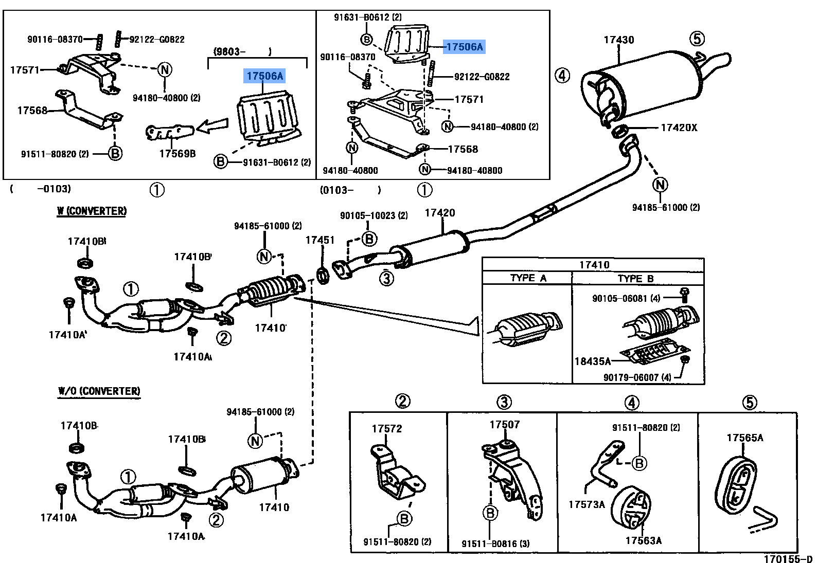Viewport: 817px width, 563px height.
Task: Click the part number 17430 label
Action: coord(618,40)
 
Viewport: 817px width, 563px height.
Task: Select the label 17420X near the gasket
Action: coord(679,128)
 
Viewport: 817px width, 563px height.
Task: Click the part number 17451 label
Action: coord(319,240)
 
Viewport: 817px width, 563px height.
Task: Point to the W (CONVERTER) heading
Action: coord(92,211)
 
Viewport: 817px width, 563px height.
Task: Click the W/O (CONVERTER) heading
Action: coord(99,391)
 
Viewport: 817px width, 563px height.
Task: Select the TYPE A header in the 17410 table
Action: coord(528,278)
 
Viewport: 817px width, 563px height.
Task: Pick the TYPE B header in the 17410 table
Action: coord(635,278)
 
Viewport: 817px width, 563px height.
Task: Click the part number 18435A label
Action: coord(592,361)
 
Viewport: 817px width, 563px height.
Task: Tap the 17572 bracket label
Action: coord(387,428)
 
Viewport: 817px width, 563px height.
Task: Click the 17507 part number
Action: coord(504,424)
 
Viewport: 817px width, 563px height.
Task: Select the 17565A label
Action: coord(744,438)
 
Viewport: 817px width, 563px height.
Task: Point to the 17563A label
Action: coord(643,540)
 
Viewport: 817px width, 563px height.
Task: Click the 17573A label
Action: coord(587,504)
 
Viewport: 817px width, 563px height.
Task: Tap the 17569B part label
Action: coord(177,154)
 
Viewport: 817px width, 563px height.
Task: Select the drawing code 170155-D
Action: coord(788,559)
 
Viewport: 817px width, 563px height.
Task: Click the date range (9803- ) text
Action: coord(242,51)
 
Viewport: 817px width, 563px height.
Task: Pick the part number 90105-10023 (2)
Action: coord(374,215)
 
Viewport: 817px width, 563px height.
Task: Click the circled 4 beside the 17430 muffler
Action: coord(562,76)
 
